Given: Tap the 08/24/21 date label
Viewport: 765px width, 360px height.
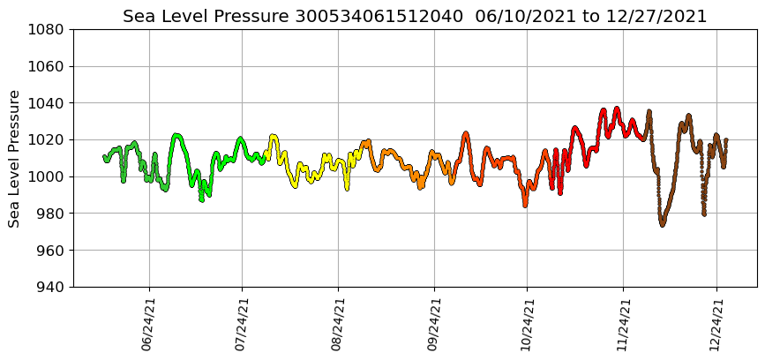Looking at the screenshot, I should coord(338,324).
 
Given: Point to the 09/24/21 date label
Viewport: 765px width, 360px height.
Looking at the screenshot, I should coord(433,324).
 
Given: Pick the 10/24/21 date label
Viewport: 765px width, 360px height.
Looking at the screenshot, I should coord(527,324).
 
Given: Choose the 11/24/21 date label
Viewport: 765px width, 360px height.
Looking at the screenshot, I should coord(623,324).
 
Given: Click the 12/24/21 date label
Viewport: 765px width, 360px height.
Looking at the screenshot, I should coord(716,324).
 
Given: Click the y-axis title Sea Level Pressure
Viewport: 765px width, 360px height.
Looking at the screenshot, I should coord(15,158).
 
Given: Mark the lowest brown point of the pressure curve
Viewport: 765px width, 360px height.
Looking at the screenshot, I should coord(662,225).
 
